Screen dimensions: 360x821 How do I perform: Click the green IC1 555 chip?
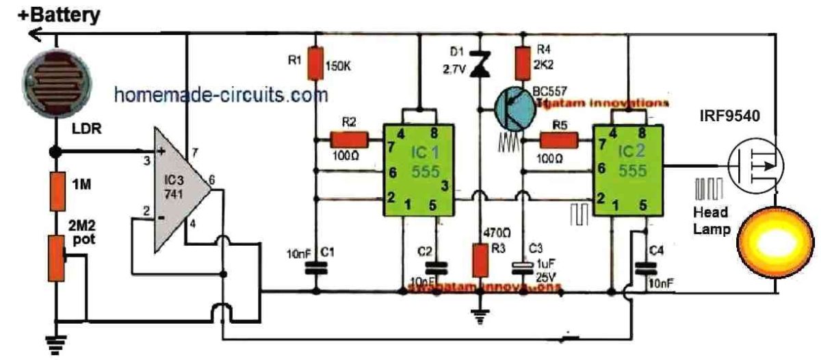coord(419,170)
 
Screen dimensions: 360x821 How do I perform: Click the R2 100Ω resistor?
coord(350,142)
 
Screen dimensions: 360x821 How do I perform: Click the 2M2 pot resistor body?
coord(56,259)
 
